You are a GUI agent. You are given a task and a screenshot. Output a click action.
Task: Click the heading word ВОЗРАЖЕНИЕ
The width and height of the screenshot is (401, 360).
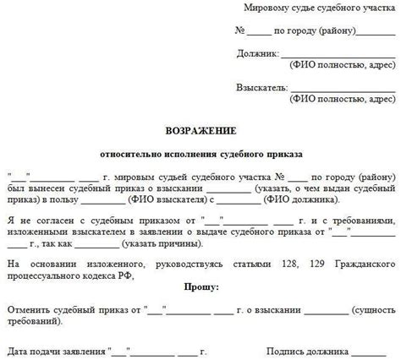[x=200, y=133]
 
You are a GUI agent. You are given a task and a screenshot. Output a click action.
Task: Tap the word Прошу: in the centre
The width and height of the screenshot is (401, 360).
[x=200, y=286]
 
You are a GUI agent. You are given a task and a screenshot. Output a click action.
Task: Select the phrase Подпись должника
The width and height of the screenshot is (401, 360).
[x=308, y=348]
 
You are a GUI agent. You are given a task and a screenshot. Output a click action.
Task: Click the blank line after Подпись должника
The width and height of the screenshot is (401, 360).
[x=372, y=350]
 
